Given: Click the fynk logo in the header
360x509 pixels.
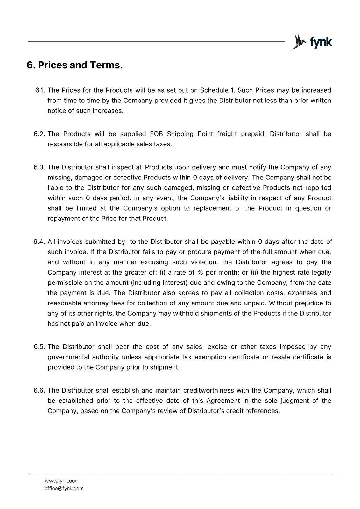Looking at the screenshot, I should (312, 42).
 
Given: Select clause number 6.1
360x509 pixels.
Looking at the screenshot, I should (40, 90).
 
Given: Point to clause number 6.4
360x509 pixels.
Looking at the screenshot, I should (39, 242).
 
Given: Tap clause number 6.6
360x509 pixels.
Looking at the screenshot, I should (40, 390).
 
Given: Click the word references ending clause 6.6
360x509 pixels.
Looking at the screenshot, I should (264, 411).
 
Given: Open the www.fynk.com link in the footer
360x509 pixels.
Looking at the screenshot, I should (62, 481).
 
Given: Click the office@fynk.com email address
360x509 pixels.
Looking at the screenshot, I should (64, 488).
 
